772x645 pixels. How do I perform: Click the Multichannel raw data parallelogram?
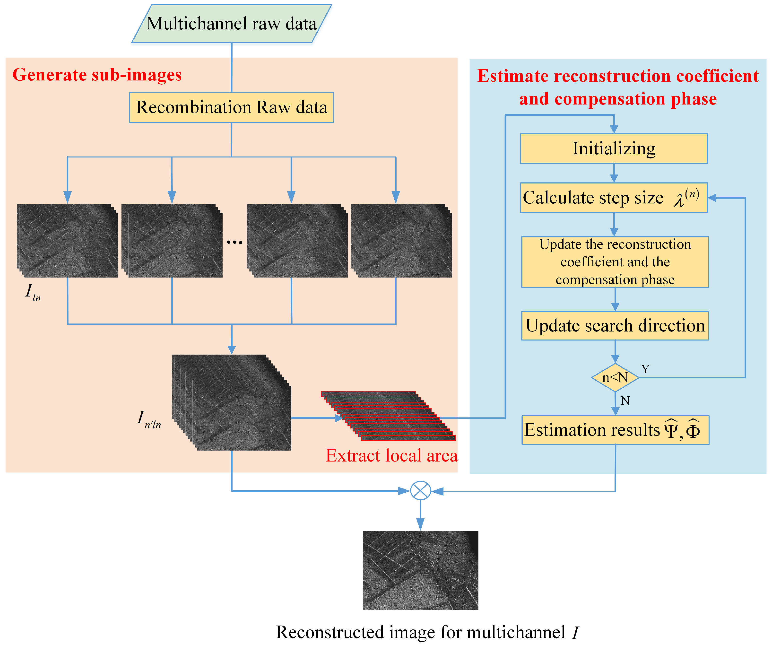[x=232, y=24]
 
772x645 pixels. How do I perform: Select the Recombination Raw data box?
[x=232, y=107]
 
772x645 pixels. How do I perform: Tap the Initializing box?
[x=614, y=148]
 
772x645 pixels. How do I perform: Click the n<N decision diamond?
[x=615, y=377]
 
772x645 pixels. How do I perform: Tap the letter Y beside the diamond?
[x=645, y=369]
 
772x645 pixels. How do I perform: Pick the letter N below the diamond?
[x=625, y=401]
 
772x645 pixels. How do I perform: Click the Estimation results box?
[x=615, y=430]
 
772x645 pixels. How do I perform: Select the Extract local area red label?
[x=391, y=456]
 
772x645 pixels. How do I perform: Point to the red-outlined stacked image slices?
[x=388, y=416]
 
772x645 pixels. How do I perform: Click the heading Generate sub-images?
[x=97, y=75]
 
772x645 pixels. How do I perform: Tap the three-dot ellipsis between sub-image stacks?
[x=234, y=242]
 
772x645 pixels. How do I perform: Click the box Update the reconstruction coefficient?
[x=615, y=262]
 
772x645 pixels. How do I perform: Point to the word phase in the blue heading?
[x=693, y=99]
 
